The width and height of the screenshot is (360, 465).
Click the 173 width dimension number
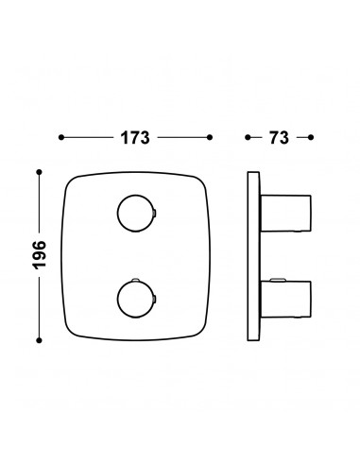[x=135, y=138]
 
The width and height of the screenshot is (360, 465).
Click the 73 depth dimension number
[x=279, y=138]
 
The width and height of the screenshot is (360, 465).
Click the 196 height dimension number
[x=40, y=255]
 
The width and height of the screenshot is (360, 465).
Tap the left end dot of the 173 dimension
[x=61, y=137]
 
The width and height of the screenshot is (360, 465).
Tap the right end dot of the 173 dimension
[x=210, y=137]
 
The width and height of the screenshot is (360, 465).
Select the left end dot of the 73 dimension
[x=248, y=137]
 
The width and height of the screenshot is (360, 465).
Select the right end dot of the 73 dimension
[x=311, y=137]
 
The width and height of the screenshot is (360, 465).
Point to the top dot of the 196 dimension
[x=40, y=172]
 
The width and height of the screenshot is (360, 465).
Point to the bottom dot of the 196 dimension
[x=40, y=340]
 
